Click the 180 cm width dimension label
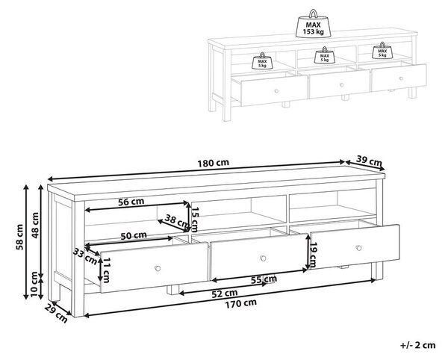[213, 163]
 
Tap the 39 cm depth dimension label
[369, 161]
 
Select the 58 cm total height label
[19, 238]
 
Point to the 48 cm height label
[35, 225]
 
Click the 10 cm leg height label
[34, 285]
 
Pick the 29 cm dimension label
[56, 314]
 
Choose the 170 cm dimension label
[241, 304]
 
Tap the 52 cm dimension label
[225, 294]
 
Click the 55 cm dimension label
[264, 280]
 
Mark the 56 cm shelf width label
[131, 202]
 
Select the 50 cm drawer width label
[134, 236]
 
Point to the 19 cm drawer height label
[314, 255]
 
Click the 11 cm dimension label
[106, 270]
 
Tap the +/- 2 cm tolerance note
[418, 345]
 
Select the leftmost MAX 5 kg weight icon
[262, 60]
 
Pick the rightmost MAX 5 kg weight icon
[382, 51]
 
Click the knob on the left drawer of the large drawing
[158, 268]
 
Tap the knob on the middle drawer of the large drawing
[263, 258]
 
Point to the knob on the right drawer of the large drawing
[359, 248]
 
